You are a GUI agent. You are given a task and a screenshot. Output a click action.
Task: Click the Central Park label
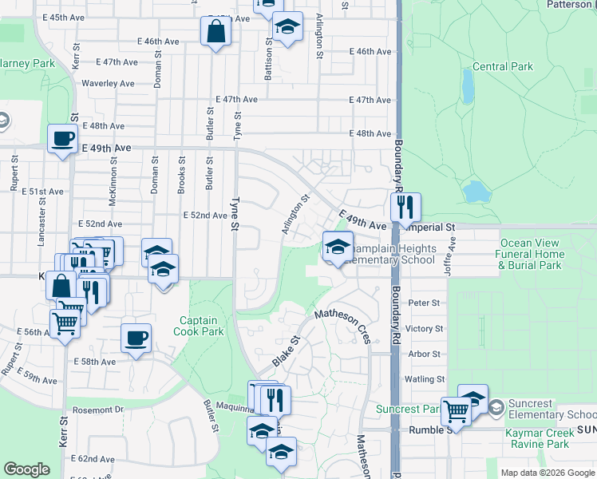pos(502,67)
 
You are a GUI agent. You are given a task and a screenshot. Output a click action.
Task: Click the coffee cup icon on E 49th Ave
pos(62,139)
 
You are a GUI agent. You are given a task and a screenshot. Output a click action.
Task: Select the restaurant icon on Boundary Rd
pos(405,208)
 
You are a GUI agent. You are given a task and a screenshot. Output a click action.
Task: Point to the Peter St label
pos(424,303)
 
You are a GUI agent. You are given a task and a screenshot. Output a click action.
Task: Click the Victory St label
pos(424,329)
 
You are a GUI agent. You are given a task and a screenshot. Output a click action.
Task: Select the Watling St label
pos(424,379)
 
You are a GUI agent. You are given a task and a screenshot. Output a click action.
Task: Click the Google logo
pos(27,469)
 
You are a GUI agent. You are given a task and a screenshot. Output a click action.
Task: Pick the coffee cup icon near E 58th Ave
pos(136,337)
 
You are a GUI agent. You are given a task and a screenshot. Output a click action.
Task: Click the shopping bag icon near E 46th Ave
pos(215,33)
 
